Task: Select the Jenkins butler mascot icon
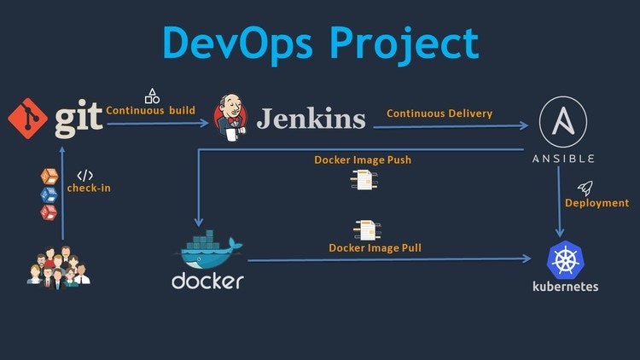[230, 117]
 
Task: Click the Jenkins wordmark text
[311, 119]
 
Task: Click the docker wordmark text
[207, 282]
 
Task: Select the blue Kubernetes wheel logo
[563, 258]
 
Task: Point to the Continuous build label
[150, 110]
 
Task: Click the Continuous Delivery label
[439, 113]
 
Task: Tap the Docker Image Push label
[364, 160]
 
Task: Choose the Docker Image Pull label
[375, 248]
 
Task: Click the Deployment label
[596, 203]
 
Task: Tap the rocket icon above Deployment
[585, 187]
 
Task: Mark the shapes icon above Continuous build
[153, 95]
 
